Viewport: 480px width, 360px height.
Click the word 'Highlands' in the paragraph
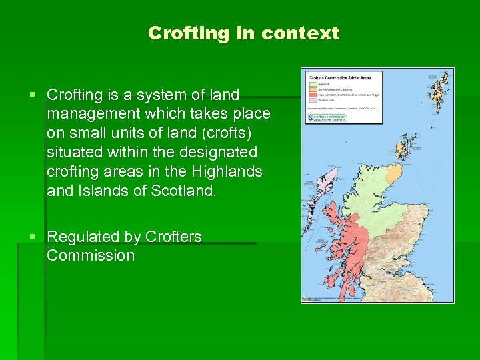[227, 171]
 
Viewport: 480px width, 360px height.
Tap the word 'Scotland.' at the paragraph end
[184, 191]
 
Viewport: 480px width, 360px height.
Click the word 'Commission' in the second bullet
[91, 256]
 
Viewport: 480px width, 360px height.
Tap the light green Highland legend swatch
[312, 85]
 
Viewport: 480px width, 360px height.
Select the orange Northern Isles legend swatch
[312, 90]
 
